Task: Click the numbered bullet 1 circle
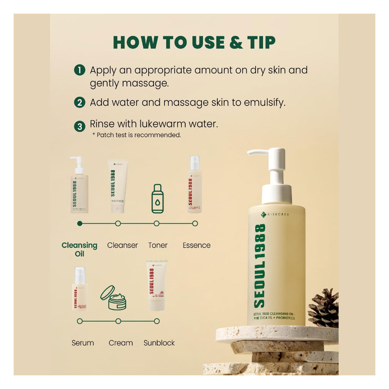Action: [x=79, y=71]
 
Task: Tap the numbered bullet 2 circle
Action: [x=79, y=103]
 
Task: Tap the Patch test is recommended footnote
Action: [x=137, y=135]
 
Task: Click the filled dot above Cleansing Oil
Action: [x=79, y=224]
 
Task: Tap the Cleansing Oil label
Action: [x=79, y=249]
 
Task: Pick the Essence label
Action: [x=196, y=245]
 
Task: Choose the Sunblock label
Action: [x=159, y=343]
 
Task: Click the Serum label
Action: [x=83, y=343]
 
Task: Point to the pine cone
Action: [x=324, y=308]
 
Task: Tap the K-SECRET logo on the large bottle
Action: [x=275, y=215]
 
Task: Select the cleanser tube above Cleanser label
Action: [x=117, y=185]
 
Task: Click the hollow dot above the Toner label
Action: [x=157, y=224]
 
